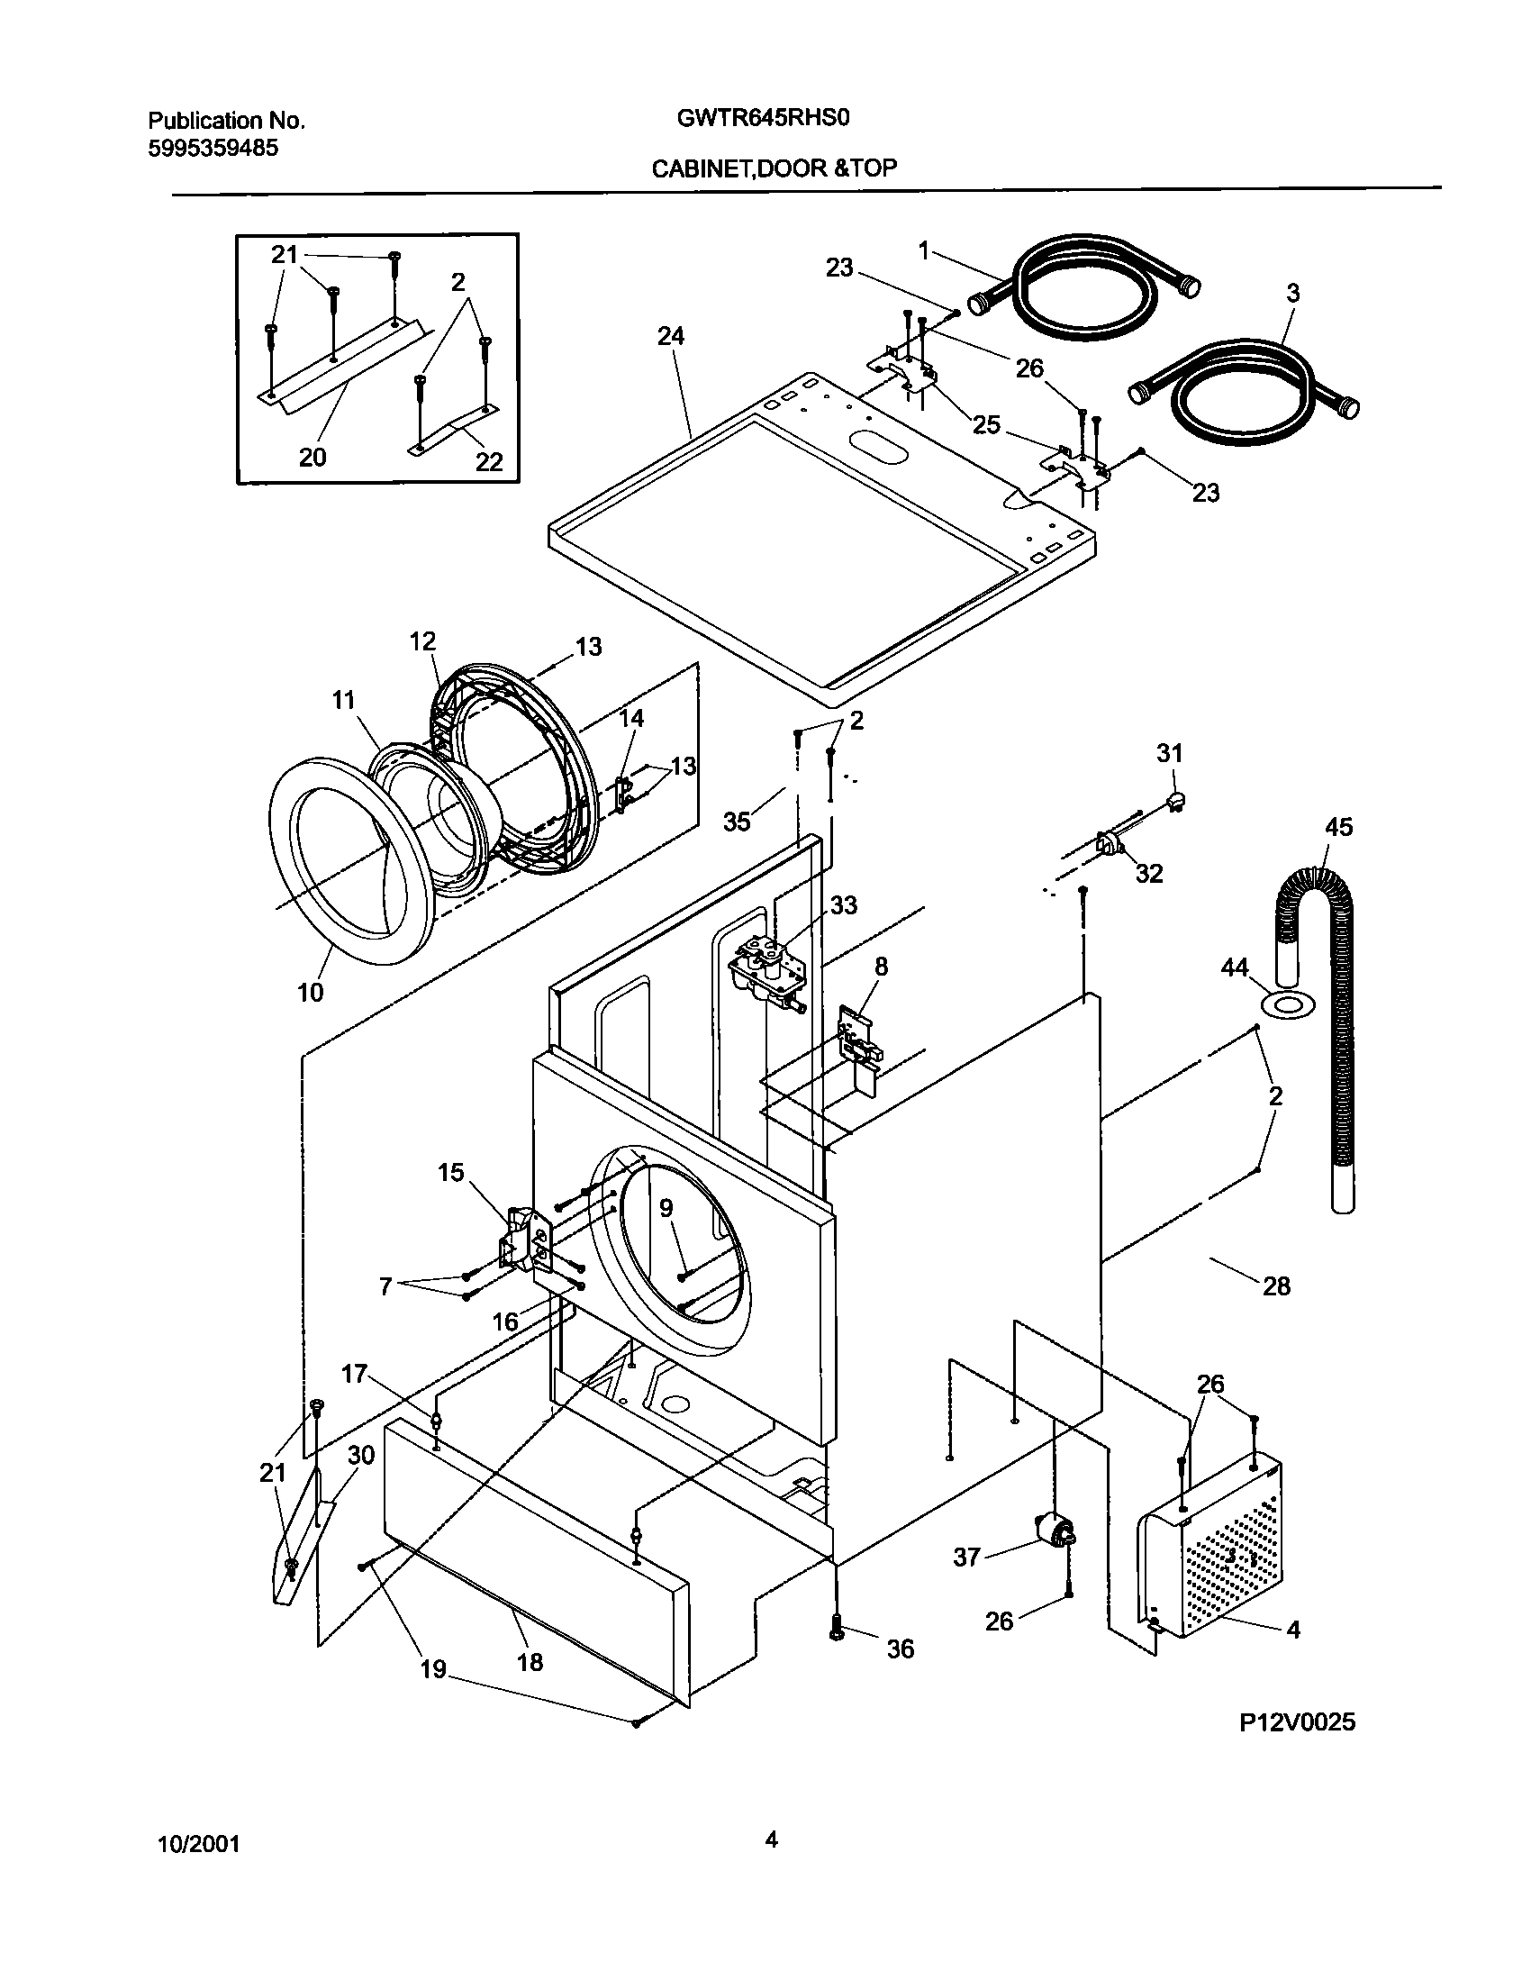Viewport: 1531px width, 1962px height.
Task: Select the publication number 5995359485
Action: (x=213, y=148)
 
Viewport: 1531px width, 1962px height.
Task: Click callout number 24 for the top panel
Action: (x=670, y=336)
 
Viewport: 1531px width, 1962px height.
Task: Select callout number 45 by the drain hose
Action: (x=1339, y=827)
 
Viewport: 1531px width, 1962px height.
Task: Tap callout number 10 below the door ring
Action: (x=310, y=993)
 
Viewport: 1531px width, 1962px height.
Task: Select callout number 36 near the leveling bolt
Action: (x=900, y=1649)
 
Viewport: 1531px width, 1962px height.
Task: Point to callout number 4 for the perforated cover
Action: (x=1292, y=1629)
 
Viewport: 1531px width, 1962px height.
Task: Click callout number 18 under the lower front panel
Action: (x=530, y=1662)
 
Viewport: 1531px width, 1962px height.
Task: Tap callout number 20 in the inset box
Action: (x=312, y=458)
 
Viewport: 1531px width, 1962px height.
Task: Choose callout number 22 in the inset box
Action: (x=489, y=461)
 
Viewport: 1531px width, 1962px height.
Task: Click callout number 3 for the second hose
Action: (x=1292, y=293)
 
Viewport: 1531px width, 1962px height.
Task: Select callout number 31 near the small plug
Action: (x=1169, y=752)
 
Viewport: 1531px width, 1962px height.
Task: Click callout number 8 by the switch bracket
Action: (x=881, y=967)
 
